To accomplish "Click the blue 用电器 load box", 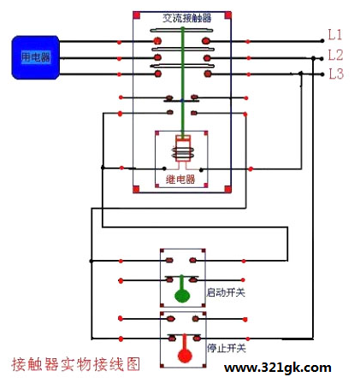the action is coord(36,57).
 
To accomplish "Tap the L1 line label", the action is coord(335,35).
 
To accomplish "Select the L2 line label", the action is coord(335,55).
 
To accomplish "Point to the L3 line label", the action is coord(336,74).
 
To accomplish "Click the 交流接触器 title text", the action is coord(187,18).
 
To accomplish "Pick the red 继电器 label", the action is coord(180,180).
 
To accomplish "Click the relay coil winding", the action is coord(183,153).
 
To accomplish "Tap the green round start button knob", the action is coord(182,296).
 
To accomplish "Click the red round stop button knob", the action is coord(185,356).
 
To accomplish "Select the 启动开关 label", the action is coord(226,292).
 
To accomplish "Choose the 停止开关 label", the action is coord(227,348).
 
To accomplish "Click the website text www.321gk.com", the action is coord(278,368).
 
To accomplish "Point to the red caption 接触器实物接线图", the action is coord(76,364).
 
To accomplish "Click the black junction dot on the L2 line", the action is coord(313,58).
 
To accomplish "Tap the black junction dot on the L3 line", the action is coord(301,74).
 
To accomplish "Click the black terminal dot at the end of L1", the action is coord(322,41).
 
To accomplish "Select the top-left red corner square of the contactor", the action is coord(137,15).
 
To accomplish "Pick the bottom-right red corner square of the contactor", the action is coord(227,189).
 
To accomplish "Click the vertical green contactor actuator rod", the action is coord(183,81).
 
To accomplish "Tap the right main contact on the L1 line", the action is coord(206,41).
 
